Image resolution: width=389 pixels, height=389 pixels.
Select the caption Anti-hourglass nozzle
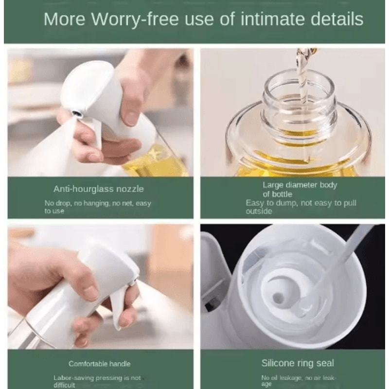[x=99, y=189]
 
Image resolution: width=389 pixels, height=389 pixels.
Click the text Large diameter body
[x=300, y=185]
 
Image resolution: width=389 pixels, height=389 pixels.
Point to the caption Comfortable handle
[x=100, y=364]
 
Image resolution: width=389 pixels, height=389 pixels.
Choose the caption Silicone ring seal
[x=298, y=363]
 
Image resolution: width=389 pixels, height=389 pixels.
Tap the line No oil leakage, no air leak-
[x=298, y=378]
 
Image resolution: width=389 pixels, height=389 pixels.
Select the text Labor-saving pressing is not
[x=97, y=378]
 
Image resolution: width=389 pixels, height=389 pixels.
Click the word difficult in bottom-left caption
[x=64, y=385]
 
